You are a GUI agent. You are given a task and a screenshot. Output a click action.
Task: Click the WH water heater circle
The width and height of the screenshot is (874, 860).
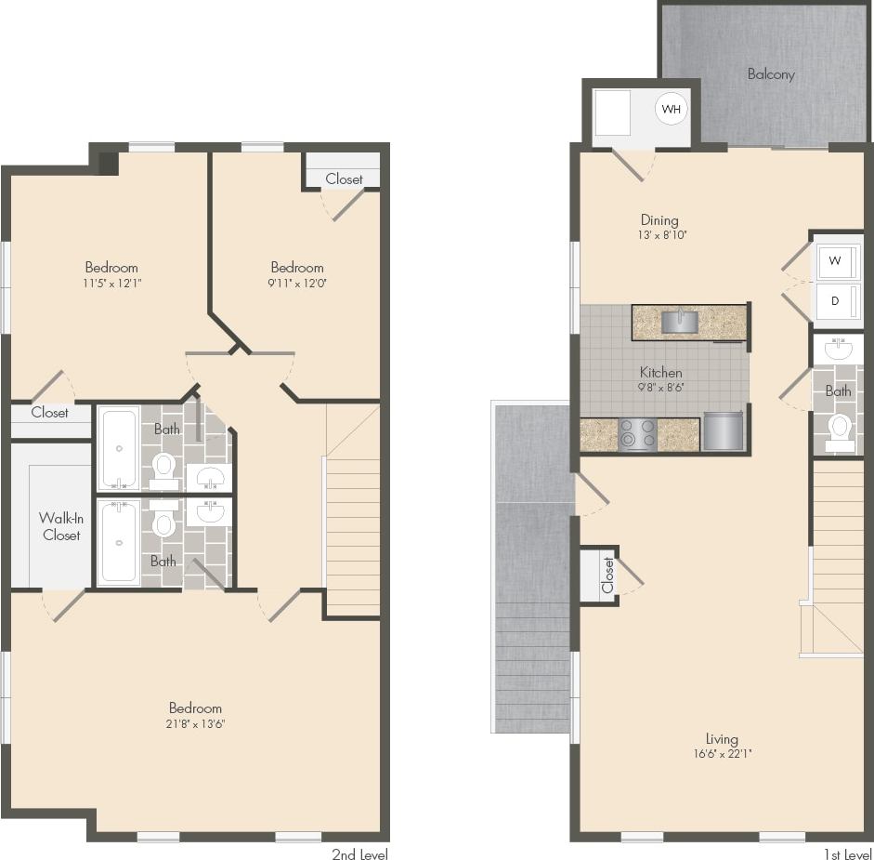click(672, 109)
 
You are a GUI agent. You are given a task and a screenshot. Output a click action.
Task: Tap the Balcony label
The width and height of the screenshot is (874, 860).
click(771, 73)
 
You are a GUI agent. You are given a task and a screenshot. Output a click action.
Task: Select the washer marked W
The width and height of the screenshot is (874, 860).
click(836, 261)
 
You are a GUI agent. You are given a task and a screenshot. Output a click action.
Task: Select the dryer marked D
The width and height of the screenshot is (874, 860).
click(836, 301)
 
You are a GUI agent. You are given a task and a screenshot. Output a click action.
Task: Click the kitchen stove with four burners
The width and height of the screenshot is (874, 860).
click(638, 434)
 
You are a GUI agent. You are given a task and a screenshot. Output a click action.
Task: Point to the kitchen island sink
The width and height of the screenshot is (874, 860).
click(680, 322)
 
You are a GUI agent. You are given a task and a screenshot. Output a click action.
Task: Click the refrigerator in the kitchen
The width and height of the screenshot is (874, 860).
click(724, 431)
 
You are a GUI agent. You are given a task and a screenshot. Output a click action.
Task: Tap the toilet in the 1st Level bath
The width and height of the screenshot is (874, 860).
click(840, 429)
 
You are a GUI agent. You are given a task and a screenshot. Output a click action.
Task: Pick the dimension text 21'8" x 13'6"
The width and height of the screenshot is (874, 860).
click(195, 723)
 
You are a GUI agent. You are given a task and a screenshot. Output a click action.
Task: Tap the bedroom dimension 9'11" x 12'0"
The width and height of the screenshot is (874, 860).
click(296, 283)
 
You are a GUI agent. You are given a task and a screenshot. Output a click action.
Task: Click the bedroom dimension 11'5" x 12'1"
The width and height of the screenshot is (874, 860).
click(111, 283)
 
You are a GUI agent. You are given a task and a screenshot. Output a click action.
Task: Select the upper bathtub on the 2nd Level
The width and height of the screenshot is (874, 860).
click(119, 448)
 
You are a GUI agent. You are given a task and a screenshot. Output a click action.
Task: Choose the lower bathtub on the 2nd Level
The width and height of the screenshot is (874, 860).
click(119, 542)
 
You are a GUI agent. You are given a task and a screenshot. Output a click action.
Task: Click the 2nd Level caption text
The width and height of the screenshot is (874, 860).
click(359, 853)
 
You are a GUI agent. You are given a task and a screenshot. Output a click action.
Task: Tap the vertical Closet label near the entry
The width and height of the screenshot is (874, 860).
click(607, 575)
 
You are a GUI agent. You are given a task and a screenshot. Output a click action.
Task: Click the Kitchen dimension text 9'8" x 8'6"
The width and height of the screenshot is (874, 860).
click(660, 388)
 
